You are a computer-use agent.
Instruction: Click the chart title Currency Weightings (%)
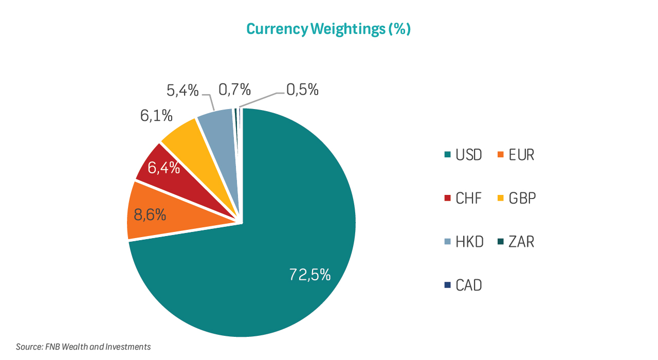pos(328,29)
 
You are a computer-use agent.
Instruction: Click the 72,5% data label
pos(309,275)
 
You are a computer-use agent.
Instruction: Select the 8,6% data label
pos(150,214)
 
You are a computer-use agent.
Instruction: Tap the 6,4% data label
pos(164,168)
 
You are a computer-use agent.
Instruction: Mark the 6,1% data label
pos(156,116)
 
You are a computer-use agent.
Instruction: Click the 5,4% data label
pos(182,91)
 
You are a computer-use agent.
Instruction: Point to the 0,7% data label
pos(234,90)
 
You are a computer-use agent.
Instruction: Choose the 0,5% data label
pos(302,90)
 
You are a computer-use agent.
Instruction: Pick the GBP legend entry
pos(517,198)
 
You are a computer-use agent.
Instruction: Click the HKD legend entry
pos(464,242)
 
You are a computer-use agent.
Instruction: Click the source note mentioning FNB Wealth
pos(83,347)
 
